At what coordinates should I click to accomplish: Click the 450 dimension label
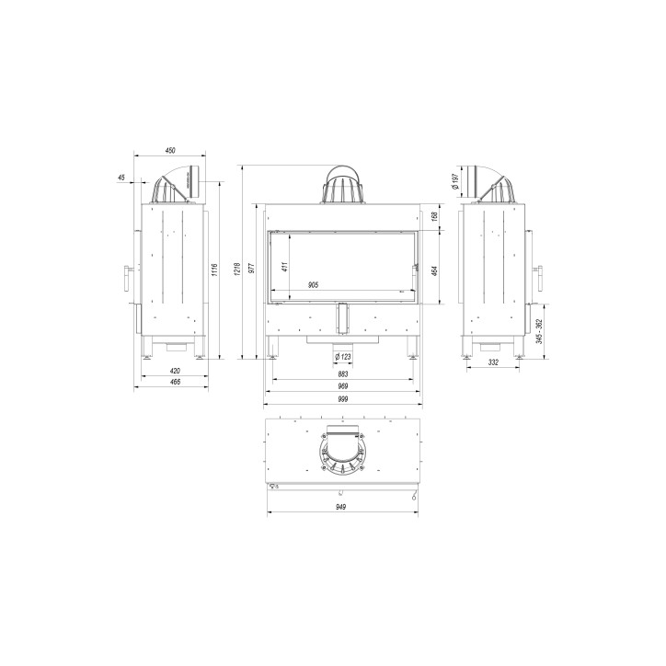[x=170, y=151]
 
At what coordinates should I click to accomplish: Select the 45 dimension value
[x=122, y=178]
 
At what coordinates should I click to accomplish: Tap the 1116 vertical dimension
[x=214, y=270]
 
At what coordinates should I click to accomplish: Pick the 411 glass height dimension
[x=286, y=266]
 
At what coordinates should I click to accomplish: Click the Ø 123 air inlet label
[x=342, y=356]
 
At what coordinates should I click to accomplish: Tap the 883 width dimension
[x=342, y=374]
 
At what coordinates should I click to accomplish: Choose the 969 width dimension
[x=342, y=387]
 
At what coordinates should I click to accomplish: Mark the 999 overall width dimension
[x=342, y=400]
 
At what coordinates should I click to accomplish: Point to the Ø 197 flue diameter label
[x=455, y=181]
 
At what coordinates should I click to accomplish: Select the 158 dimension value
[x=434, y=217]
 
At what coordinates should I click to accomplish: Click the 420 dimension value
[x=174, y=371]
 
